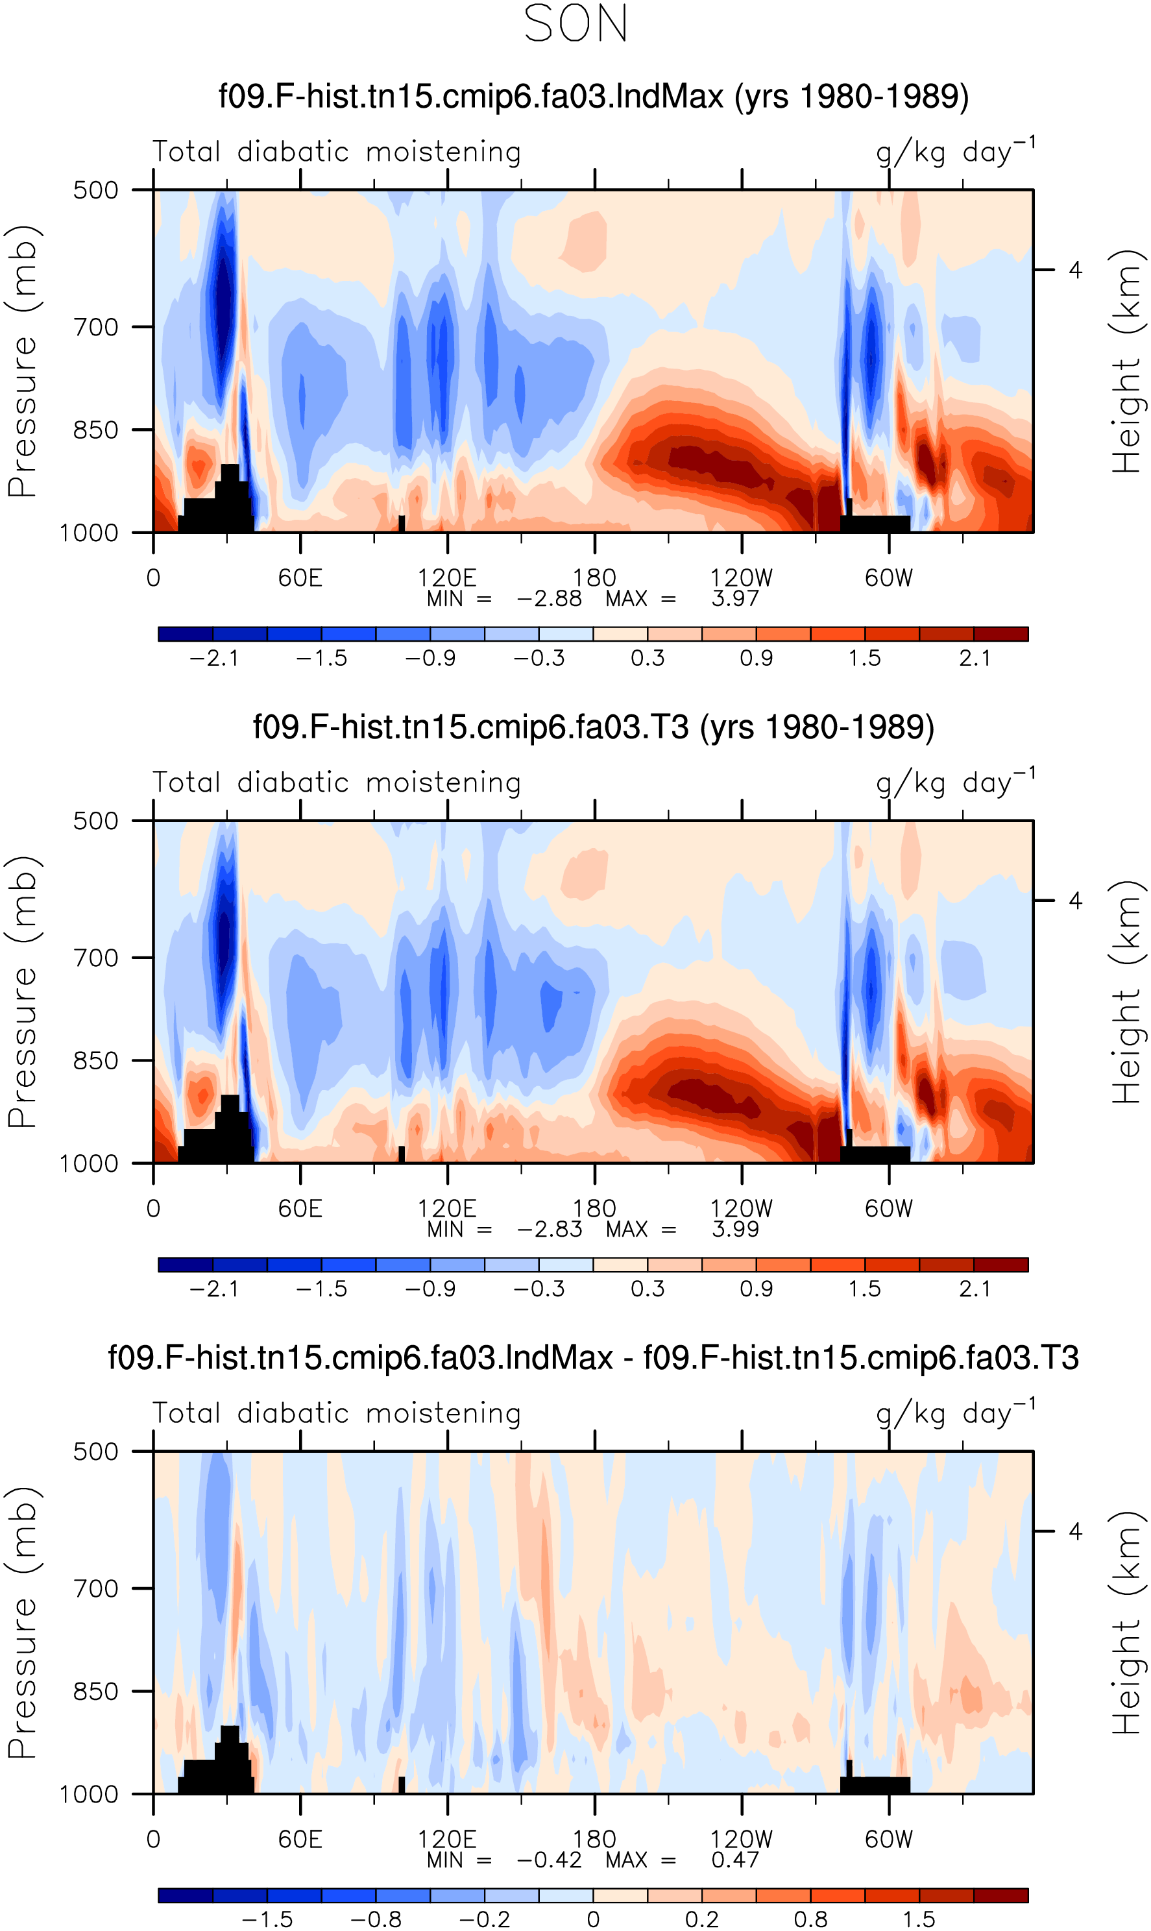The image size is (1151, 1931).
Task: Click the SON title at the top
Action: [575, 24]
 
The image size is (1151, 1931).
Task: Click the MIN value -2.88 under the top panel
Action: [549, 599]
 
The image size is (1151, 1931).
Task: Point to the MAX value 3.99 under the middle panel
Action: [735, 1229]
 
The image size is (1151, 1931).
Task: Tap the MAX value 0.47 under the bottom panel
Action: [735, 1860]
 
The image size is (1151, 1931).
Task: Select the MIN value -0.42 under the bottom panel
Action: [549, 1860]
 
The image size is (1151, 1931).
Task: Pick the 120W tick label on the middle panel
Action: [742, 1208]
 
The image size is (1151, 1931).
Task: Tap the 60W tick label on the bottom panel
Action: [889, 1839]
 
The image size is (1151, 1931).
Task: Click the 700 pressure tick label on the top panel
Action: [95, 327]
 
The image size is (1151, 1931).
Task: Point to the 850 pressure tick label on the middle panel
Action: [95, 1061]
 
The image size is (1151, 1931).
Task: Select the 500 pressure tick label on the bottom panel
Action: [95, 1451]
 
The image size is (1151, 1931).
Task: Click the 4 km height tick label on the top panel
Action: [1075, 270]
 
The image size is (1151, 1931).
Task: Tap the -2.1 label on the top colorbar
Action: [213, 659]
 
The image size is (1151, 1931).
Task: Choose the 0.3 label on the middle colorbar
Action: [648, 1289]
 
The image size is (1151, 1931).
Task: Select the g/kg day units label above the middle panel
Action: [956, 782]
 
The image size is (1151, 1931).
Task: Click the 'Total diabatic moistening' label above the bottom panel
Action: [337, 1413]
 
